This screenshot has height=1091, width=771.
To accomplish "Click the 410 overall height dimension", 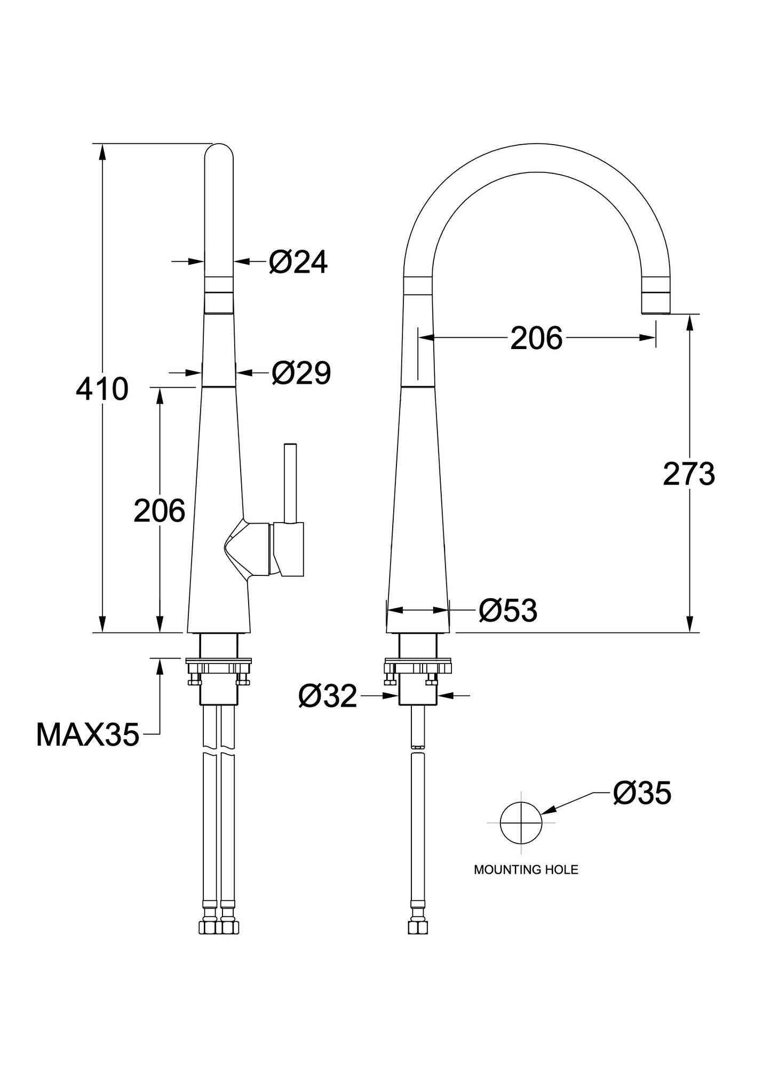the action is click(x=102, y=389).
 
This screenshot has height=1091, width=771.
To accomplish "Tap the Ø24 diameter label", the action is click(x=298, y=262).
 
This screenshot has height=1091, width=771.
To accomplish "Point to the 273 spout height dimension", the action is click(x=689, y=473).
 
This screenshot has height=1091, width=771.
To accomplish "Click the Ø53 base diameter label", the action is click(x=508, y=610).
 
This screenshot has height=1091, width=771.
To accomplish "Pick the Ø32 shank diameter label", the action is click(x=328, y=696).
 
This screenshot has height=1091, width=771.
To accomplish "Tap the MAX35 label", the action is click(x=88, y=735).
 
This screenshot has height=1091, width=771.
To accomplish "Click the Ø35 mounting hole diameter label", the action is click(x=642, y=793).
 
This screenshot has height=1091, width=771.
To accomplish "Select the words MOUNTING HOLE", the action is click(x=526, y=870).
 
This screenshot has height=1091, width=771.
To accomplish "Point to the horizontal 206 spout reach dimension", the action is click(x=536, y=338).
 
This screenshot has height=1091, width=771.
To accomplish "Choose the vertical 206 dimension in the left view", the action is click(x=160, y=510).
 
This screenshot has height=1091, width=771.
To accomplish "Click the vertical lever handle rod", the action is click(x=291, y=483).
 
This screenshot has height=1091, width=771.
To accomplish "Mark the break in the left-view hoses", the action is click(x=219, y=750).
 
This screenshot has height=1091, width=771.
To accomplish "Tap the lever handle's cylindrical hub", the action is click(x=288, y=550).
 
